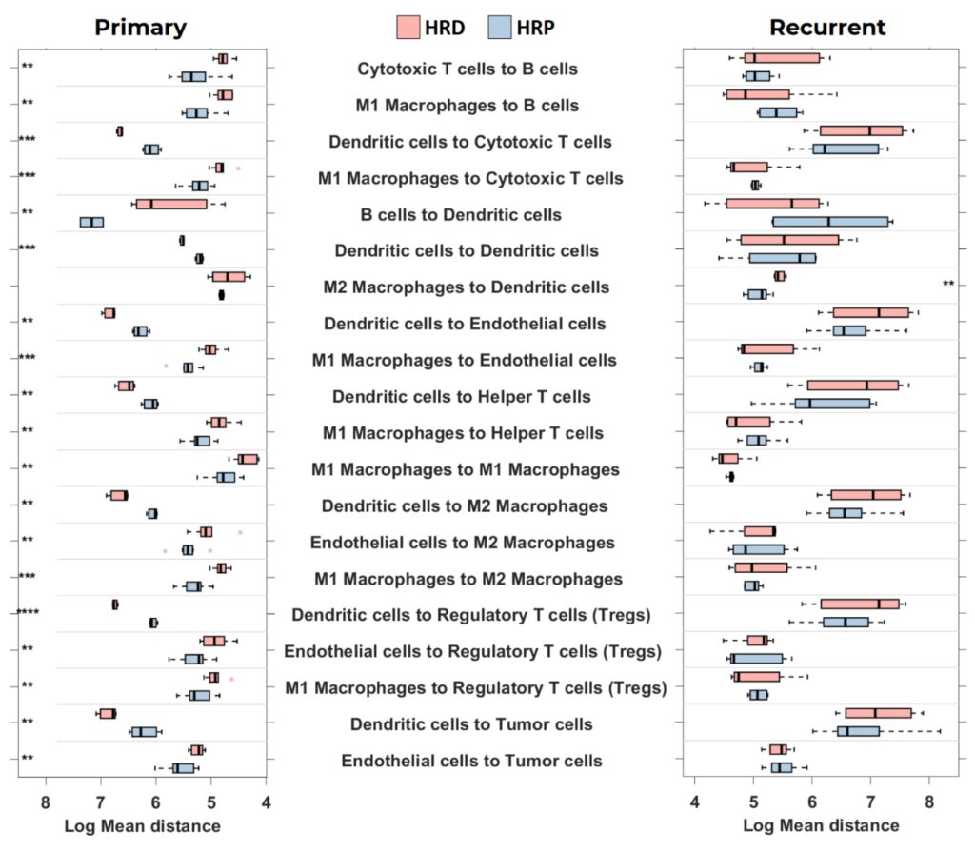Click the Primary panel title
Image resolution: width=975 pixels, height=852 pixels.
141,28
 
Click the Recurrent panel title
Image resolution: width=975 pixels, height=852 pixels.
827,28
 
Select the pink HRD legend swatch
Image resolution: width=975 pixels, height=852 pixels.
408,28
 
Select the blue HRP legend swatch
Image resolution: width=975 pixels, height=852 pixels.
500,28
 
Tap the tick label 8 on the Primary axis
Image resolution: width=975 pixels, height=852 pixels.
46,802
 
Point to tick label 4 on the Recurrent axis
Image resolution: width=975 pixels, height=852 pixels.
694,802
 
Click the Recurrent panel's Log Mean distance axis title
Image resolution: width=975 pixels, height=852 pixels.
821,825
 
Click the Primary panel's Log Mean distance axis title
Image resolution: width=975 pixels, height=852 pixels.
143,826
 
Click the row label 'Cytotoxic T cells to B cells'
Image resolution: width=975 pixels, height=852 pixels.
468,69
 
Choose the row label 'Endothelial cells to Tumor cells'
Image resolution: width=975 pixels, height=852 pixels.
471,761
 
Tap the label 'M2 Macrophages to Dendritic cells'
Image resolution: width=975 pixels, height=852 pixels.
466,287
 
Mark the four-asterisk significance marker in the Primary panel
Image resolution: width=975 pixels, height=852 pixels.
28,612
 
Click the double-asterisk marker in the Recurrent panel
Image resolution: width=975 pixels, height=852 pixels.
948,285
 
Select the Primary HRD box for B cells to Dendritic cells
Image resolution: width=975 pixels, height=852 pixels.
171,204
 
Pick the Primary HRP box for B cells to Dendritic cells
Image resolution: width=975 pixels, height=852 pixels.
92,222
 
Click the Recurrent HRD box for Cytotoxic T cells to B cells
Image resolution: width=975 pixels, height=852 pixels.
783,58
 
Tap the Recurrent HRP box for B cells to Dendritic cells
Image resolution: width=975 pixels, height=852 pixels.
830,222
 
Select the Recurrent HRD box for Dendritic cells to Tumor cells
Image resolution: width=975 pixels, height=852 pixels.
878,713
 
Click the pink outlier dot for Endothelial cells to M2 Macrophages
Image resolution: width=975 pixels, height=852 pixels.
240,532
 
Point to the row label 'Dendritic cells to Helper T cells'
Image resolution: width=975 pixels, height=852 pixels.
462,397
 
